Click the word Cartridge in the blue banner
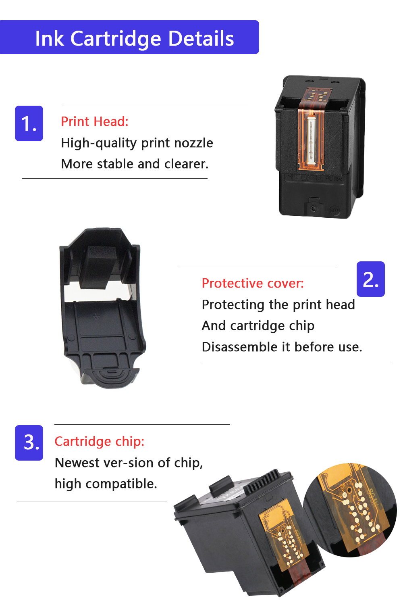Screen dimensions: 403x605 (x=116, y=39)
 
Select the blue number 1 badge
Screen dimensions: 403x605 (x=29, y=123)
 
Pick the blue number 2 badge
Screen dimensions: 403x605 (x=371, y=279)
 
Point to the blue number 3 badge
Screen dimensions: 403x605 (x=29, y=443)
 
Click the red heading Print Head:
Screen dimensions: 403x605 (x=94, y=121)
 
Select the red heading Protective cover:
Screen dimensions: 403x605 (x=253, y=283)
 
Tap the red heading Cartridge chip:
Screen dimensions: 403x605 (x=99, y=442)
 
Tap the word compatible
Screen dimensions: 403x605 (x=121, y=484)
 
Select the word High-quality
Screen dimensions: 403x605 (x=99, y=143)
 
